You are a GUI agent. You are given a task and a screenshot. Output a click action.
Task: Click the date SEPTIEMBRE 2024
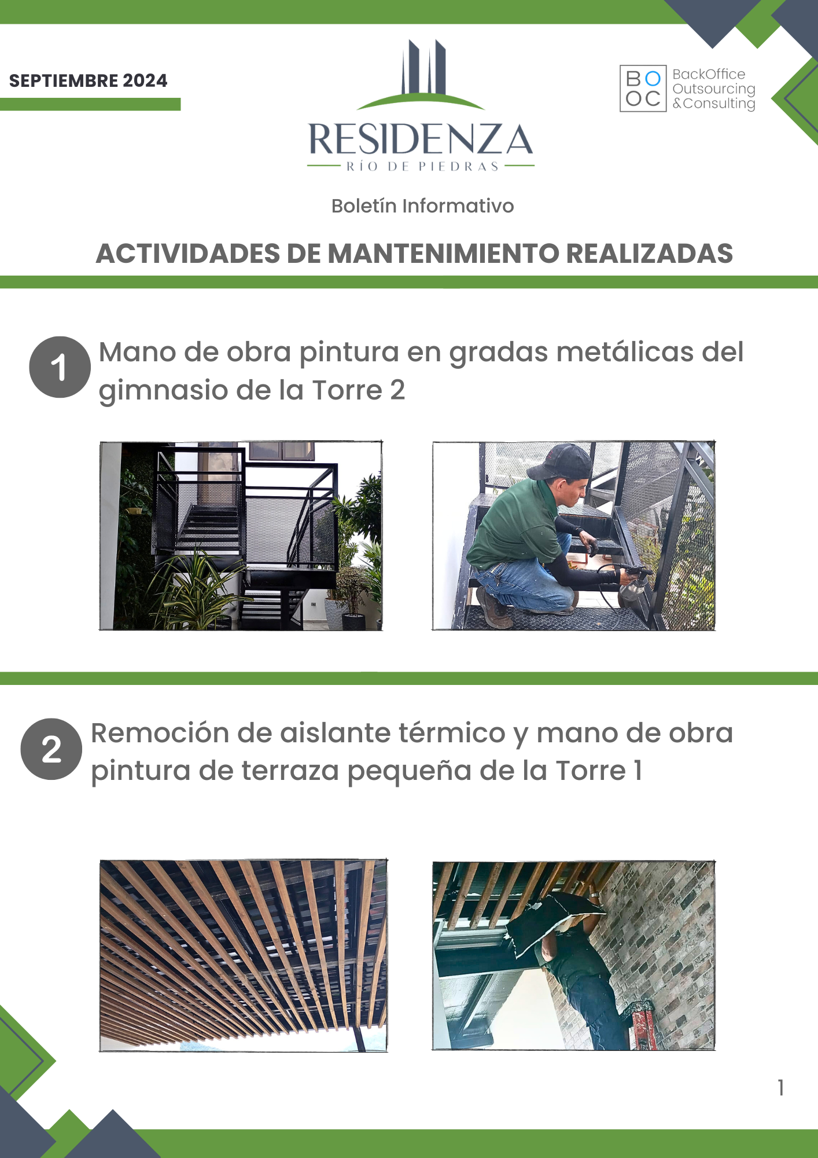coord(88,80)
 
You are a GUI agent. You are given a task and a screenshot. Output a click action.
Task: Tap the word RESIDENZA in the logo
coord(421,140)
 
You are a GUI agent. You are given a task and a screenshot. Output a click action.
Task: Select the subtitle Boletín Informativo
coord(422,206)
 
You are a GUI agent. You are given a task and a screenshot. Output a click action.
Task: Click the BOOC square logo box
coord(643,88)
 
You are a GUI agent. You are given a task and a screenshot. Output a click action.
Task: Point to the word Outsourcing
coord(714,89)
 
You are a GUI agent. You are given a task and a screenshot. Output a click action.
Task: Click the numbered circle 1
coord(60,367)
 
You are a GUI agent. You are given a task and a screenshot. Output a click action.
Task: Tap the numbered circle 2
coord(51,749)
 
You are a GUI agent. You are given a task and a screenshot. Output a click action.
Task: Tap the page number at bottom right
coord(781,1087)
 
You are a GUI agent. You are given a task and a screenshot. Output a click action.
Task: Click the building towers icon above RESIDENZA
coord(421,74)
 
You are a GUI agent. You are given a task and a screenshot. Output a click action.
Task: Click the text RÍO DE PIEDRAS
coord(422,167)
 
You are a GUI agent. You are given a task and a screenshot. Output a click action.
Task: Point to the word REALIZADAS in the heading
coord(650,254)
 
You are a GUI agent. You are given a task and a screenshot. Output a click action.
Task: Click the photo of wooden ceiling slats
coord(244,955)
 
